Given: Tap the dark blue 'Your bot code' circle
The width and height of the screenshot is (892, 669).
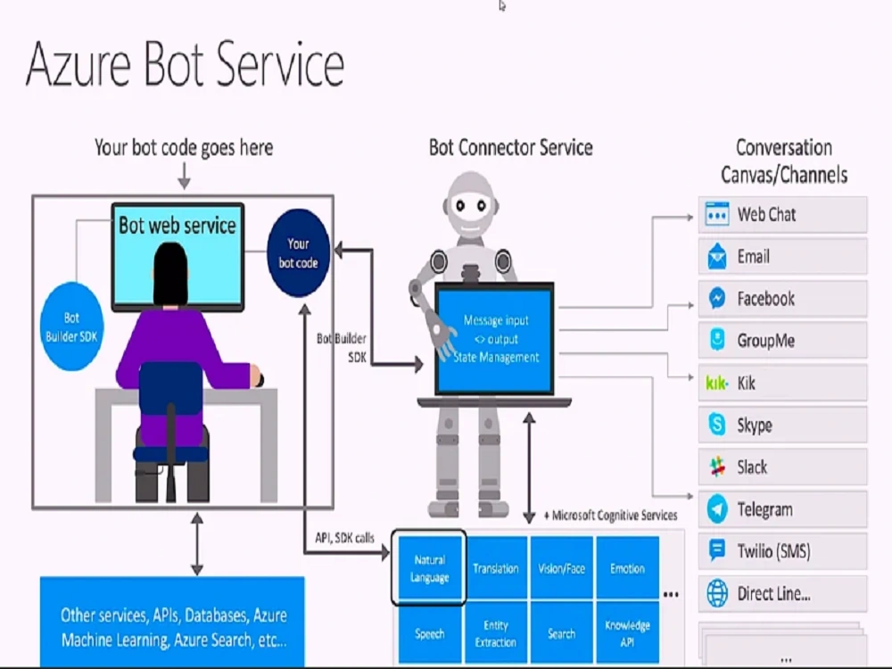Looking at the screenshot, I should (x=298, y=252).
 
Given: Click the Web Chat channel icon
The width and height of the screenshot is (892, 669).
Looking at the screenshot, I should (x=717, y=215).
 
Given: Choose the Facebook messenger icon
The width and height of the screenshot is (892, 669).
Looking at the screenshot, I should (x=717, y=299).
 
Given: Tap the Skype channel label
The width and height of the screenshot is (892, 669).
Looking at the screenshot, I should (x=754, y=425).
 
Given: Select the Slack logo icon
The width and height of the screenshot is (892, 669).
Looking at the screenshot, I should (x=717, y=467).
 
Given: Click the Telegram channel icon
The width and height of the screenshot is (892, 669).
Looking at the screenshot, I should (x=717, y=509).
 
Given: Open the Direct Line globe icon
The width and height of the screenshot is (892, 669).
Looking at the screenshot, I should (x=717, y=593).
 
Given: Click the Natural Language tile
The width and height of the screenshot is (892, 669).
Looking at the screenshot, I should (x=429, y=569).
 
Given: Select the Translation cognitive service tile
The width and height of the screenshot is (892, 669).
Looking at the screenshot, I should (x=496, y=568).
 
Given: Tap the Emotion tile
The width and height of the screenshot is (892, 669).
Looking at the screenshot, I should (x=627, y=568).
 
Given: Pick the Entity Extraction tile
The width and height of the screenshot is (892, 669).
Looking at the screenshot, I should (x=496, y=633).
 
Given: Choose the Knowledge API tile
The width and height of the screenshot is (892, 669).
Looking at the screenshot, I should (x=627, y=633).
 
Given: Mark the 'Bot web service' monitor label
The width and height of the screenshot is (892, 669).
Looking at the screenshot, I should (x=177, y=225).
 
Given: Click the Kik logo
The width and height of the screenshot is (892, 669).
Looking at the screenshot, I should (x=717, y=384).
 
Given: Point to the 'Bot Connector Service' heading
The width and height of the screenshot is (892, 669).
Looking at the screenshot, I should (x=510, y=147).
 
